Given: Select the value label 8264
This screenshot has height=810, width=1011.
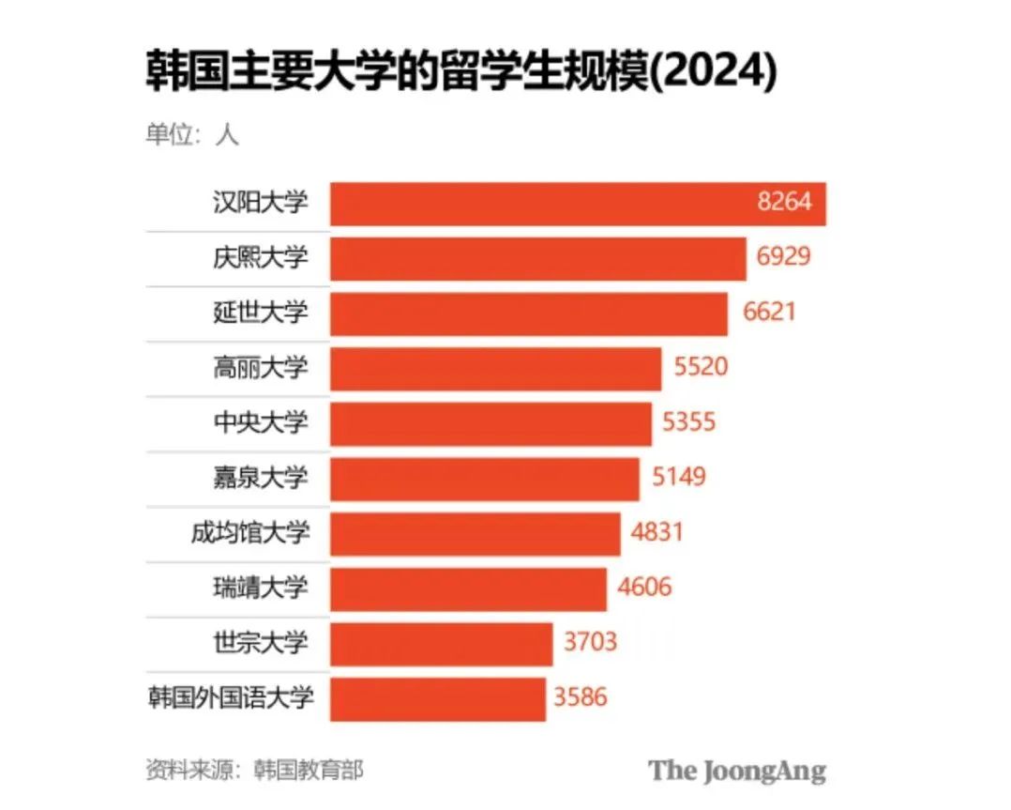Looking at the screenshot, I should click(784, 202).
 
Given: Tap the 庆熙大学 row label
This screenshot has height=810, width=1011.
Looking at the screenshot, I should click(260, 257).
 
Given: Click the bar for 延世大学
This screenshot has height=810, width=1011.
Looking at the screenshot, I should click(528, 313).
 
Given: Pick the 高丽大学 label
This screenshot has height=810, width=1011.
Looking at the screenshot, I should click(260, 367).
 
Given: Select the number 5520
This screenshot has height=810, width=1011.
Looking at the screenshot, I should click(701, 367).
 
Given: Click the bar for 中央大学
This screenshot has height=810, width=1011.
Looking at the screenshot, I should click(490, 423).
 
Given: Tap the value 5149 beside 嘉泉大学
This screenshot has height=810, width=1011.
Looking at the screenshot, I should click(679, 477).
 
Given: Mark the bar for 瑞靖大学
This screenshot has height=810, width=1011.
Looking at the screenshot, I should click(468, 588).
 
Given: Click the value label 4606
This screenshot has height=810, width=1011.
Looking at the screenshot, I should click(645, 588).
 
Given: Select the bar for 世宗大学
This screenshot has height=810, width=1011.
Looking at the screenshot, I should click(441, 644).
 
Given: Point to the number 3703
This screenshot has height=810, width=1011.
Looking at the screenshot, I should click(591, 643).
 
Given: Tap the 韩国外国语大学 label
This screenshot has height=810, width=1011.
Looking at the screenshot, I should click(230, 698).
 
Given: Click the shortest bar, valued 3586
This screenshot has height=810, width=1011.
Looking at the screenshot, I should click(437, 699).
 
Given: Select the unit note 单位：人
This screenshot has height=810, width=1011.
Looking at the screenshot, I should click(192, 134).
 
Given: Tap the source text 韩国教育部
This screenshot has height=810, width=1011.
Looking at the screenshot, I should click(309, 771).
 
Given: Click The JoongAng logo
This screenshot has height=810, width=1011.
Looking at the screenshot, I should click(737, 772).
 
